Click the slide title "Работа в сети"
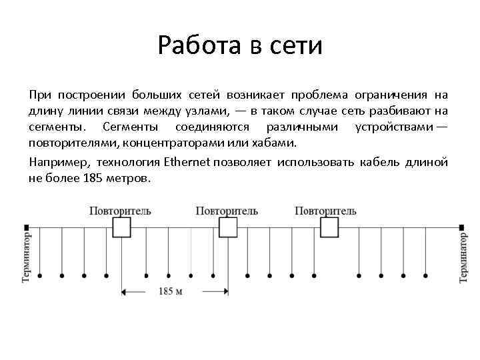240,46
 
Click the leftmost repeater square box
121,227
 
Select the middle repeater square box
228,227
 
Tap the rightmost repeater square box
329,227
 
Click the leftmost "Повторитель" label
120,211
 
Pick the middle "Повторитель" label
227,211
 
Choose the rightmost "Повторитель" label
325,211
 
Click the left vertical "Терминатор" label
27,257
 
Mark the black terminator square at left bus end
27,227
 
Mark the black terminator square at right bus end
461,227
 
